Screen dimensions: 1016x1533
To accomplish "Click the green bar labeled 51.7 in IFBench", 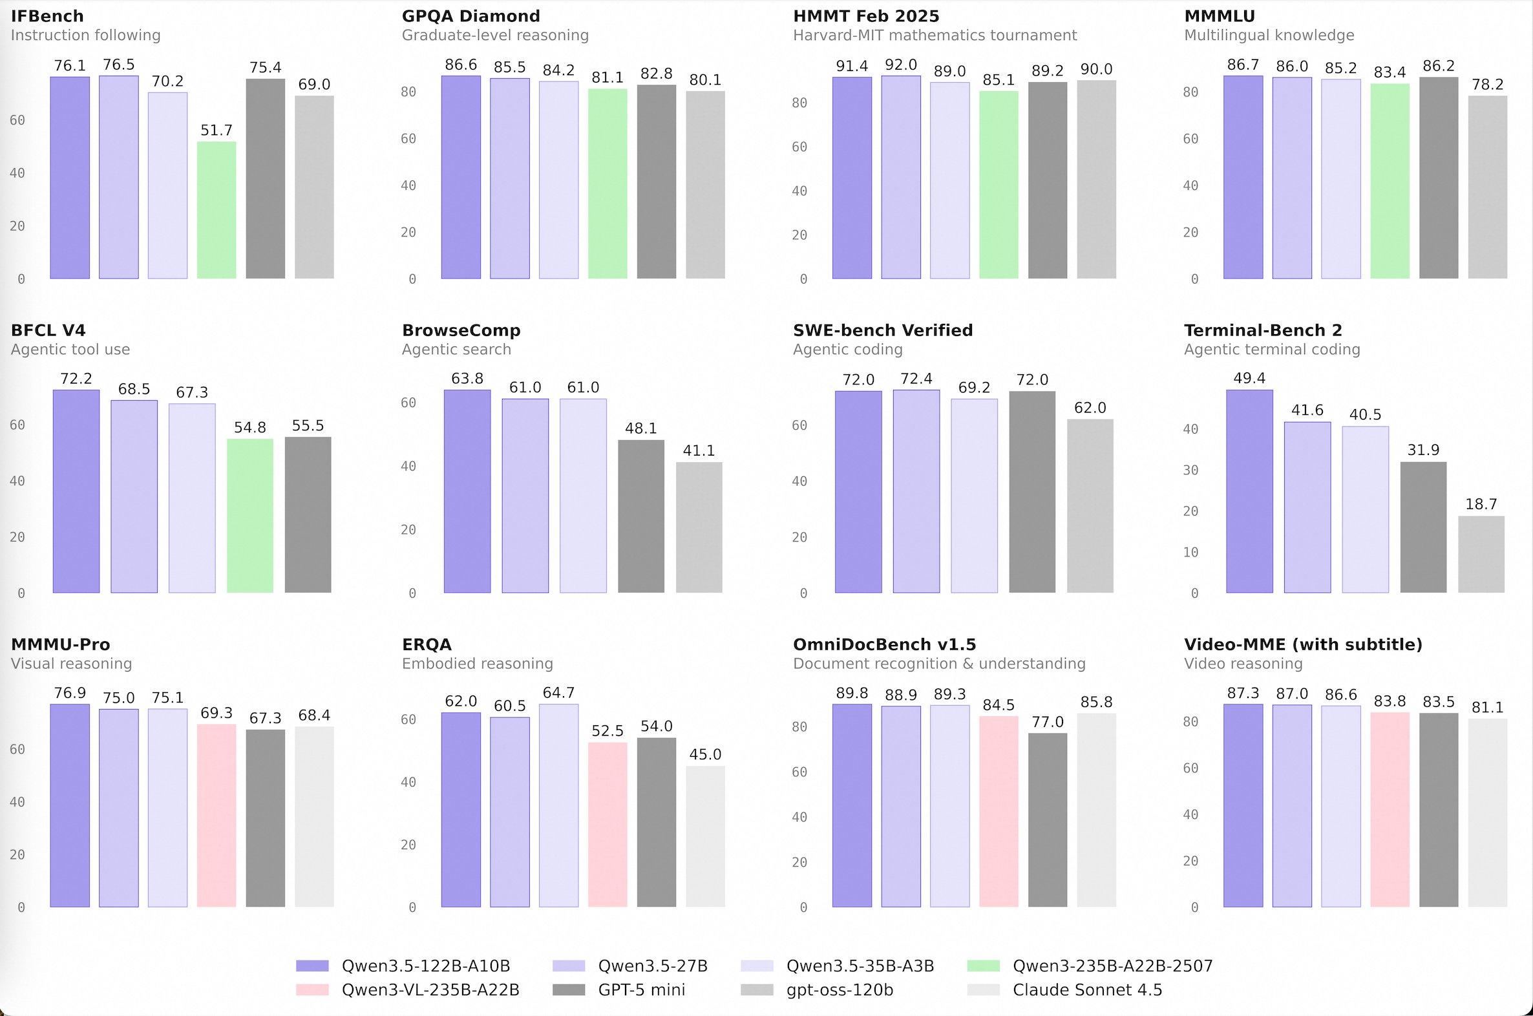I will pos(217,210).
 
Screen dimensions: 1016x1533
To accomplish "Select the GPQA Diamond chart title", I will pos(470,16).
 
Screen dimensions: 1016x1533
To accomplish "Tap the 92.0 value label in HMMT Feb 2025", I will pos(901,65).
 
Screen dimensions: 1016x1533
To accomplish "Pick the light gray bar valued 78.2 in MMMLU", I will pos(1487,187).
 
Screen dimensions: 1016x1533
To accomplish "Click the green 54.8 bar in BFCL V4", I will pos(249,516).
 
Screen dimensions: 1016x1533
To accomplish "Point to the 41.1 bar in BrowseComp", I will pos(699,527).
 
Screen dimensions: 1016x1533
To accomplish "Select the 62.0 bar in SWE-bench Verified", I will pos(1090,506).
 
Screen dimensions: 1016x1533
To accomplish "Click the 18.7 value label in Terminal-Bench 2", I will pos(1481,504).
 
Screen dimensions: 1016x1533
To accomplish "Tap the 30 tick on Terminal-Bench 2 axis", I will pos(1190,471).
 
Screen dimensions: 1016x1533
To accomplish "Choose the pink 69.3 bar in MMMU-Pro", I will pos(217,816).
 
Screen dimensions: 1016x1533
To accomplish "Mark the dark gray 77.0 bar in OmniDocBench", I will pos(1047,820).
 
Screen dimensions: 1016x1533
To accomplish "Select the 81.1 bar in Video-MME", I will pos(1487,812).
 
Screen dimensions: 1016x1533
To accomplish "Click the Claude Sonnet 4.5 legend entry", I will pos(1086,990).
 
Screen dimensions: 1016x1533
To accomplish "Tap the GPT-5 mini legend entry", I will pos(641,990).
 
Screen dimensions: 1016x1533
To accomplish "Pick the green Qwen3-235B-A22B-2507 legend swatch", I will pos(983,966).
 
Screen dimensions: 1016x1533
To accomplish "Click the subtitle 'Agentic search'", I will pos(456,350).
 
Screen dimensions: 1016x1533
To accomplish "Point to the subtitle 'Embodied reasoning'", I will pos(477,664).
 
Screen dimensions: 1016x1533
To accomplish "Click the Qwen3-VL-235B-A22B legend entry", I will pos(430,990).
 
